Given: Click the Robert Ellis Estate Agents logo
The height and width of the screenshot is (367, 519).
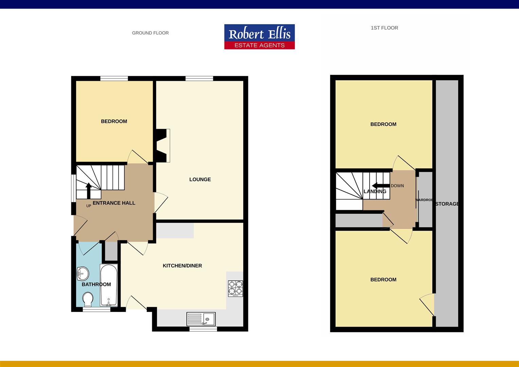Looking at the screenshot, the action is click(x=259, y=37).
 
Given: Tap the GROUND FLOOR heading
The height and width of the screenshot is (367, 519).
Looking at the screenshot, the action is click(x=150, y=33).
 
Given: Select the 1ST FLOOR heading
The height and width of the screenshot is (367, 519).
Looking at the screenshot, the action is click(x=384, y=28).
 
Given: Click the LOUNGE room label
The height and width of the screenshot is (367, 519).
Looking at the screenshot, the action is click(x=200, y=179).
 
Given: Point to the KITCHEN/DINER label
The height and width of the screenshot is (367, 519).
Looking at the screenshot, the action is click(x=182, y=266).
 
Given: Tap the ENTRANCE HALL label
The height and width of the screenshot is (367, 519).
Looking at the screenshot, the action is click(x=114, y=203).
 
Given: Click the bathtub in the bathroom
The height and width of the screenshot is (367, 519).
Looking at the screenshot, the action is click(x=109, y=285).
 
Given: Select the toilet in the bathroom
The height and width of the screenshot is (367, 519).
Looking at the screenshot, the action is click(x=88, y=299).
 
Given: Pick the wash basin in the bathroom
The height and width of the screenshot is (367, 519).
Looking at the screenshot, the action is click(x=83, y=274).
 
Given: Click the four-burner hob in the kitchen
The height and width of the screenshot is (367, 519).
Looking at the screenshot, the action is click(x=235, y=289).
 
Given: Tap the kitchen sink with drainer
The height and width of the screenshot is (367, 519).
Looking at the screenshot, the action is click(x=201, y=319).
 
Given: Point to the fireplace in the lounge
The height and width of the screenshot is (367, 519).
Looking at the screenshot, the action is click(x=162, y=145).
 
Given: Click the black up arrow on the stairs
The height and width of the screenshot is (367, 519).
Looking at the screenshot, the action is click(x=89, y=191).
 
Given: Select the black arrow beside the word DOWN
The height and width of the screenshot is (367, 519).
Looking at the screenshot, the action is click(x=381, y=186).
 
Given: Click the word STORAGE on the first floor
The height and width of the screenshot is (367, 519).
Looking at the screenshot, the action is click(x=447, y=204).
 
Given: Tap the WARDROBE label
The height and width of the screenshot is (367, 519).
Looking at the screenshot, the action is click(x=424, y=200).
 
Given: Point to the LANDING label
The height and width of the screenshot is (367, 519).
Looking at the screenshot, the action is click(x=375, y=192).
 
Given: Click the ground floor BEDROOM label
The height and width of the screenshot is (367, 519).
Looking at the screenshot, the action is click(x=114, y=121).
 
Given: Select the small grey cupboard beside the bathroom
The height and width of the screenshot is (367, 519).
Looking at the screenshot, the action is click(x=111, y=251).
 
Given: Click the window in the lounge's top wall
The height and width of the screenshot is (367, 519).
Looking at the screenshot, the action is click(x=199, y=78).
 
